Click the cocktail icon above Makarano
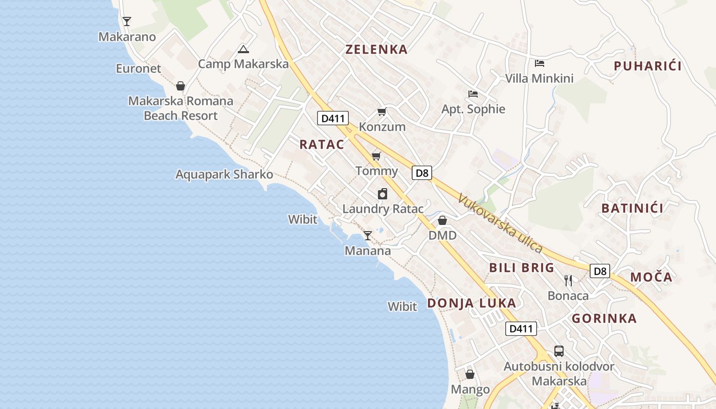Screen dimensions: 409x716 pos(127,21)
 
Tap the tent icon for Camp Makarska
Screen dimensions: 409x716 pos(243,49)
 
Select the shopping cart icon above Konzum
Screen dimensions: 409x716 pos(382,111)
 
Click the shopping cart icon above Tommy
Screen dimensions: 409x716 pos(376,156)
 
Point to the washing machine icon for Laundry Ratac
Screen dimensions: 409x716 pos(383,194)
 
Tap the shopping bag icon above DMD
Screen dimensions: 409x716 pos(442,220)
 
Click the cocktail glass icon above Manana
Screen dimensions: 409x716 pos(367,235)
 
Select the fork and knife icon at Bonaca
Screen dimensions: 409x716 pos(568,280)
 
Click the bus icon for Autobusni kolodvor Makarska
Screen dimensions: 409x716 pos(559,351)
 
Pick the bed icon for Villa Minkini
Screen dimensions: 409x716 pos(539,63)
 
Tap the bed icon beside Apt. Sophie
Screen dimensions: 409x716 pos(473,94)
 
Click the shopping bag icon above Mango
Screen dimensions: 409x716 pos(470,374)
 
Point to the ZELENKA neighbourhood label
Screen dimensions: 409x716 pos(376,50)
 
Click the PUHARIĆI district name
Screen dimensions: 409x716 pos(647,66)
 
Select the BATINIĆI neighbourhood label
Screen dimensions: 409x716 pos(632,208)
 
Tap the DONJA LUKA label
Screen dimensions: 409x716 pos(472,303)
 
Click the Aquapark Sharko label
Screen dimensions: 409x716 pos(224,174)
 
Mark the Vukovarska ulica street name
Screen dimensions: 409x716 pos(500,223)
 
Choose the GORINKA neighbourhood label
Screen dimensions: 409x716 pos(604,319)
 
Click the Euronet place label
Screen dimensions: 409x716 pos(138,69)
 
